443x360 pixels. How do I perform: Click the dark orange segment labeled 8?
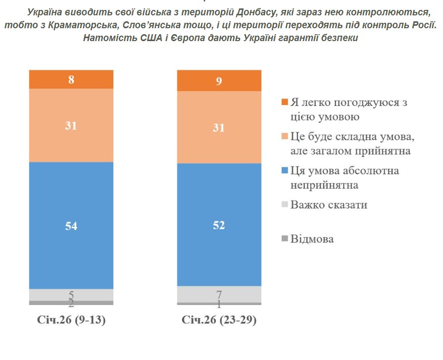pyautogui.click(x=71, y=79)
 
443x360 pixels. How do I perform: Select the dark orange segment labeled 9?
pyautogui.click(x=219, y=80)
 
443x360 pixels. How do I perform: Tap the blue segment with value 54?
pyautogui.click(x=71, y=225)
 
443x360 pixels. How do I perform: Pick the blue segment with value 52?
pyautogui.click(x=219, y=225)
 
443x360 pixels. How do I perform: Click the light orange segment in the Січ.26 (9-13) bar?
pyautogui.click(x=71, y=125)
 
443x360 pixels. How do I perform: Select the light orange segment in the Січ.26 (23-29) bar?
pyautogui.click(x=219, y=127)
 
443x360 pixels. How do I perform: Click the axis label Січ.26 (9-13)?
pyautogui.click(x=71, y=320)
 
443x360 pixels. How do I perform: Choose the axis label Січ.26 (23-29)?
pyautogui.click(x=219, y=320)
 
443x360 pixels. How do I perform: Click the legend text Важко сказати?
pyautogui.click(x=329, y=205)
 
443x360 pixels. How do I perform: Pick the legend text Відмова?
pyautogui.click(x=312, y=239)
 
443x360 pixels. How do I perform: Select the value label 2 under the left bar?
pyautogui.click(x=71, y=303)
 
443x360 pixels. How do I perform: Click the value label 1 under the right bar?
pyautogui.click(x=219, y=304)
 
